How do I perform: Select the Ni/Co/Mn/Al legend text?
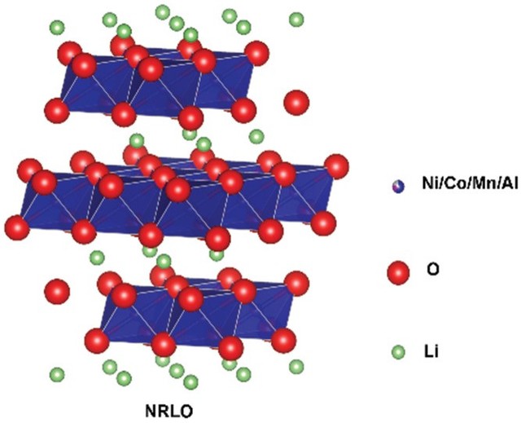click(459, 186)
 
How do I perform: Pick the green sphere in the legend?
click(398, 352)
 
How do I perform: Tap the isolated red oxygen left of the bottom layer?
click(56, 291)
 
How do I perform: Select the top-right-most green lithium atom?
click(296, 19)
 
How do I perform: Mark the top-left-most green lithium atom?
click(57, 28)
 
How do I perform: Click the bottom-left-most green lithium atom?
click(57, 375)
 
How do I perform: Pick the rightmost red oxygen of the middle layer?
click(335, 165)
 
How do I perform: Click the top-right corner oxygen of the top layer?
click(257, 53)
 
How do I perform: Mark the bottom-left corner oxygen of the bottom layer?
click(97, 338)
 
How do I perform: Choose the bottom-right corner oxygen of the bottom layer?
click(282, 338)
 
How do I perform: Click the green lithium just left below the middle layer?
click(97, 259)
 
